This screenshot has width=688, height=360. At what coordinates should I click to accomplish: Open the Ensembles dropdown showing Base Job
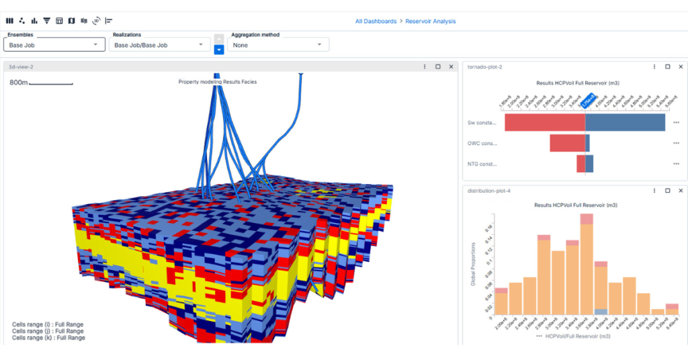54,45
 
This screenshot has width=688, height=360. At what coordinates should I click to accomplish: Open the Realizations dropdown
160,45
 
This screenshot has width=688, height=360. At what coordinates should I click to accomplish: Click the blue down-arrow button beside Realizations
219,50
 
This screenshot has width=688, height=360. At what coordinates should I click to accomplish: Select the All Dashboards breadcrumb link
376,21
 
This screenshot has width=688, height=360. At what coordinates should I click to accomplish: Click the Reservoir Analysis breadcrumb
430,21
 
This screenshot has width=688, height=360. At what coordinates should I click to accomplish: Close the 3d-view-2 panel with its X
451,66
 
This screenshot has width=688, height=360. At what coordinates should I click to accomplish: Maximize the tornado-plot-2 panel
667,66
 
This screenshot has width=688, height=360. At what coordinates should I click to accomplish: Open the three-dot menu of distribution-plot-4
654,191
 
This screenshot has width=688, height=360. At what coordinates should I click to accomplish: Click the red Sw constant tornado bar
544,122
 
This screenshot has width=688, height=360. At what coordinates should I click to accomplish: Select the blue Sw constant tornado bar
625,122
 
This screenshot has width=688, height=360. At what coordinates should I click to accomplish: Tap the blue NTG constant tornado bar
589,164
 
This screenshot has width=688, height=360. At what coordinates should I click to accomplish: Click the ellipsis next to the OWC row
676,143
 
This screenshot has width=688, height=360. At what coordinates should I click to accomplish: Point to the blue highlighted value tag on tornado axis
589,102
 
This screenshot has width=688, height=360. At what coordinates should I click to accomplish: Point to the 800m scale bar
50,83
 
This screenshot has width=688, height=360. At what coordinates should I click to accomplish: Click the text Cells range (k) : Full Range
48,338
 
